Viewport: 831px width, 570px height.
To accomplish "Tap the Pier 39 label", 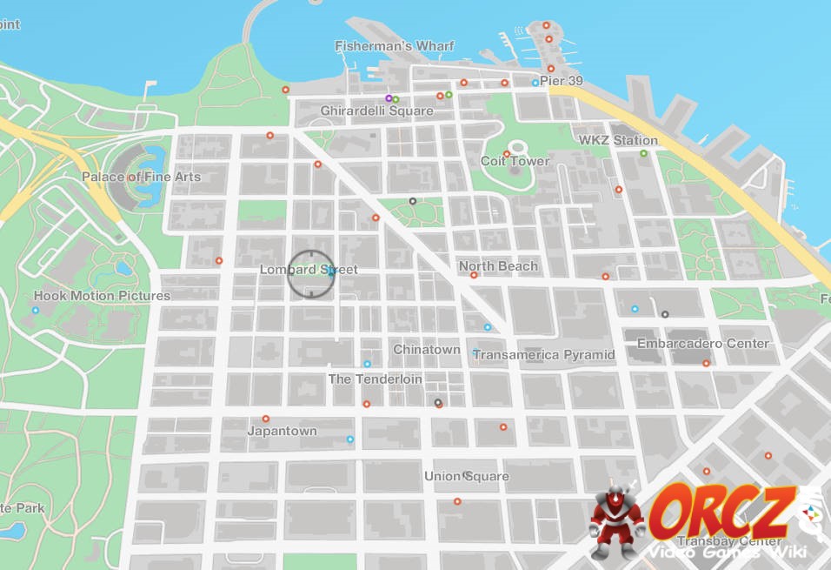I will tap(562, 81).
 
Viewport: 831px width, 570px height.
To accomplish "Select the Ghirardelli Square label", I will tap(376, 111).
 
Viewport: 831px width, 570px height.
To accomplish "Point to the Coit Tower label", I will tap(515, 161).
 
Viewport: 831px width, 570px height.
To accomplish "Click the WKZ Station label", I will tap(618, 140).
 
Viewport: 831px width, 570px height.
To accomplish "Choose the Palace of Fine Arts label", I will tap(141, 177).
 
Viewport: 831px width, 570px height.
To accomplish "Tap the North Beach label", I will tap(498, 266).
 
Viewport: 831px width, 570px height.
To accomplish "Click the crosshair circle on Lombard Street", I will tap(310, 272).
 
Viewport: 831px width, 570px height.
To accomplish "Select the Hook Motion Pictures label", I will tap(102, 296).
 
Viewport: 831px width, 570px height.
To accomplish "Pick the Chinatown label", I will tap(427, 349).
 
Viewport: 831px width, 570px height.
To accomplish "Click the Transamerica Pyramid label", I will tap(543, 355).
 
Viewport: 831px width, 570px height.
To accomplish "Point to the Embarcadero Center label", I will tap(703, 344).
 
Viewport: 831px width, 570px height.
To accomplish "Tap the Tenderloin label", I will tap(375, 379).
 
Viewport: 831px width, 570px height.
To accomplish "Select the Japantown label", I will tap(282, 431).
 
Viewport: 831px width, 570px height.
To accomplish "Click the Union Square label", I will tap(466, 476).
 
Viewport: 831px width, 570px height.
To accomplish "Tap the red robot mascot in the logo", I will tap(618, 520).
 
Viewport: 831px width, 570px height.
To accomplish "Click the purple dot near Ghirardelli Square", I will tap(389, 98).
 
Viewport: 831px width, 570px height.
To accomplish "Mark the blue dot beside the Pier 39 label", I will tap(535, 83).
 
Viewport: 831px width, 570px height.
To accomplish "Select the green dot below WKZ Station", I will tap(643, 153).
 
